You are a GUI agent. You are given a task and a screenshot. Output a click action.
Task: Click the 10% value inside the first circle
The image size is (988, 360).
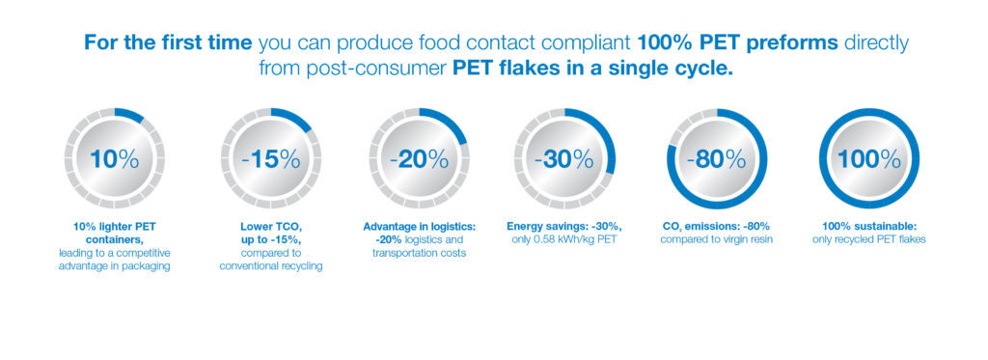tap(114, 159)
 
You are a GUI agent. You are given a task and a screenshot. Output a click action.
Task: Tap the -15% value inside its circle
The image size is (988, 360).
tap(271, 159)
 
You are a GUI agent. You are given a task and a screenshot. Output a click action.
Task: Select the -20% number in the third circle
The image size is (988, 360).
tap(419, 159)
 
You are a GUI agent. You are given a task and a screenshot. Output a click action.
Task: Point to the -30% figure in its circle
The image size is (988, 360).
tap(563, 159)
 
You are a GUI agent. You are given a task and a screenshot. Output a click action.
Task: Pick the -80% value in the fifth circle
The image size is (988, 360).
tap(717, 159)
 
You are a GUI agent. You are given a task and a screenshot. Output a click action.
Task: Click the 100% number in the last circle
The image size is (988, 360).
tap(869, 159)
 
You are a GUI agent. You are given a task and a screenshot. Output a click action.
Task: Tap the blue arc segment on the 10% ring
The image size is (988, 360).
tap(130, 115)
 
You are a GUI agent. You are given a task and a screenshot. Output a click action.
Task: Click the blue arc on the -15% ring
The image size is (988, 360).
tap(293, 119)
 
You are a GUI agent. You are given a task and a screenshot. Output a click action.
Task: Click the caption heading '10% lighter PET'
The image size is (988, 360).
tap(114, 226)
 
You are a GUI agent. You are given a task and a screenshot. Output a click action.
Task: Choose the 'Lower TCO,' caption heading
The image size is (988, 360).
tap(271, 226)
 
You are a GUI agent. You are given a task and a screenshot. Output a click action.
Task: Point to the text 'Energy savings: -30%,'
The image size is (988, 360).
tap(564, 226)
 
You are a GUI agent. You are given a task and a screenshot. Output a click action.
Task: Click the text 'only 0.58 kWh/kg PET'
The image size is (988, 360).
tap(564, 239)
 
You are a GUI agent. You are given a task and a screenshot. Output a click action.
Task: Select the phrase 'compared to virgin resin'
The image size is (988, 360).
tap(717, 239)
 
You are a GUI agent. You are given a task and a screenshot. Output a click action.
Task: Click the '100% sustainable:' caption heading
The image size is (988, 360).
tap(869, 226)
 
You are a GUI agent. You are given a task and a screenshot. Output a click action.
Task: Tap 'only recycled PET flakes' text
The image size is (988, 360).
tap(869, 239)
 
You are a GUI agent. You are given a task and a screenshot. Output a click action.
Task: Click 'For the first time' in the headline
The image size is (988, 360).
tap(168, 42)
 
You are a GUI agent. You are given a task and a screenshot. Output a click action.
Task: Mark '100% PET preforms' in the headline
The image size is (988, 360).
tap(738, 43)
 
